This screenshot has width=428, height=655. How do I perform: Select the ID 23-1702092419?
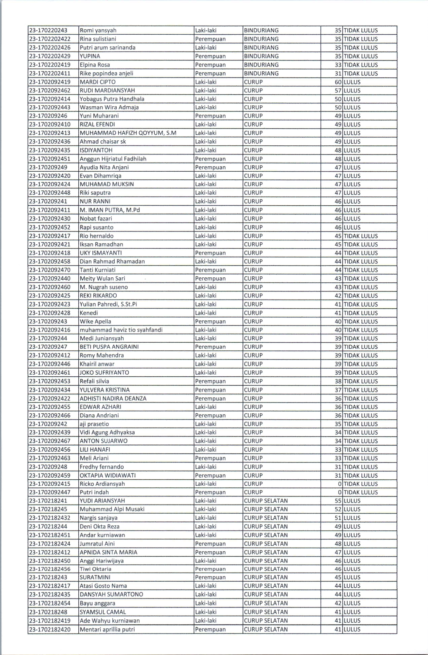tap(50, 82)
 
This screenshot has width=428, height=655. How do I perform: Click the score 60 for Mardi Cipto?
tap(338, 82)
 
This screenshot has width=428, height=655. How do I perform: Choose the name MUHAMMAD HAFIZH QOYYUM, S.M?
tap(128, 133)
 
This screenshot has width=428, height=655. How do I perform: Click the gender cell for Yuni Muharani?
tap(210, 116)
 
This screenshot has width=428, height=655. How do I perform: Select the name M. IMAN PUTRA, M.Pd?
tap(110, 210)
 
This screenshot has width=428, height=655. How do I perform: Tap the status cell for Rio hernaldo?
tap(360, 236)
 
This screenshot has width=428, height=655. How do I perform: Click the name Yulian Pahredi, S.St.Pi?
tap(108, 304)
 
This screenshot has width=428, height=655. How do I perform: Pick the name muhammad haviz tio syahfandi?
tap(121, 330)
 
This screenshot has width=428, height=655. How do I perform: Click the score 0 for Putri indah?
tap(340, 492)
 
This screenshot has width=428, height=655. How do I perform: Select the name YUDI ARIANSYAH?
tap(102, 501)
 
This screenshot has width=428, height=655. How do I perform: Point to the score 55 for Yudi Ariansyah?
tap(338, 501)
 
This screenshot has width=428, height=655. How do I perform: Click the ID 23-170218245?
tap(48, 509)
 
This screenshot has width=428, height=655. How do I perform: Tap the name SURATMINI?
tap(95, 577)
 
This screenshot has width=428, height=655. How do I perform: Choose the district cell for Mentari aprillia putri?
tap(266, 629)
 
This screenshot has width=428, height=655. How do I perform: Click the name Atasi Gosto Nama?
tap(103, 586)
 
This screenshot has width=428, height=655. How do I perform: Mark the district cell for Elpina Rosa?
tap(261, 65)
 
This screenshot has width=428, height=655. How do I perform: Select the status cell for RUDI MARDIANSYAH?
tap(352, 91)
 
